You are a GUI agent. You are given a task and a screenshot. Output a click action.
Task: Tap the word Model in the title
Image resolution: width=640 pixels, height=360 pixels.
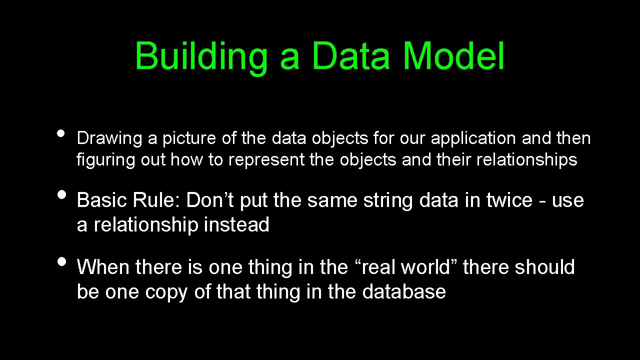point(453,56)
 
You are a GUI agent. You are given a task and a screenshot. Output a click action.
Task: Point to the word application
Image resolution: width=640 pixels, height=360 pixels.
point(473,138)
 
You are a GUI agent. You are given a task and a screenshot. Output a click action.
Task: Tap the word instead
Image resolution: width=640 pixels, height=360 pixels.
point(236,225)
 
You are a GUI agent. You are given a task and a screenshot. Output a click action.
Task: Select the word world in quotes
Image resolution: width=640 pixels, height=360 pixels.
point(426,267)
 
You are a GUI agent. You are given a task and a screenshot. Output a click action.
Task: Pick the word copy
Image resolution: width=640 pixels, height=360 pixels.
point(166,291)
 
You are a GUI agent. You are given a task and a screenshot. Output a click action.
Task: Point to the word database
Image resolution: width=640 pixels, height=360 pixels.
point(403,291)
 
